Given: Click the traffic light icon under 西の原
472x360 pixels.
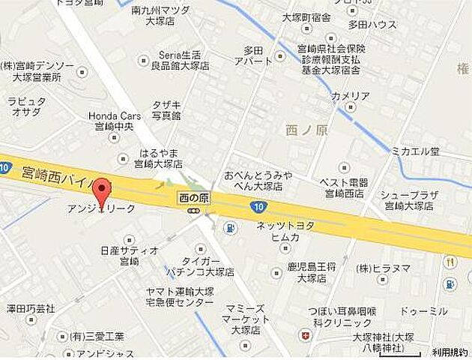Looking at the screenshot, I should click(x=193, y=211).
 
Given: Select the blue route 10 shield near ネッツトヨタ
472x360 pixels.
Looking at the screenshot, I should click(x=258, y=205).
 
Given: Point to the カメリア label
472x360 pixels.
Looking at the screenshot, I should click(x=351, y=96).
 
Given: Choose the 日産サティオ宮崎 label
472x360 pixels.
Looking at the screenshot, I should click(x=129, y=256).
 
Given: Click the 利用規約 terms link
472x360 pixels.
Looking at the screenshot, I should click(x=450, y=352).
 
